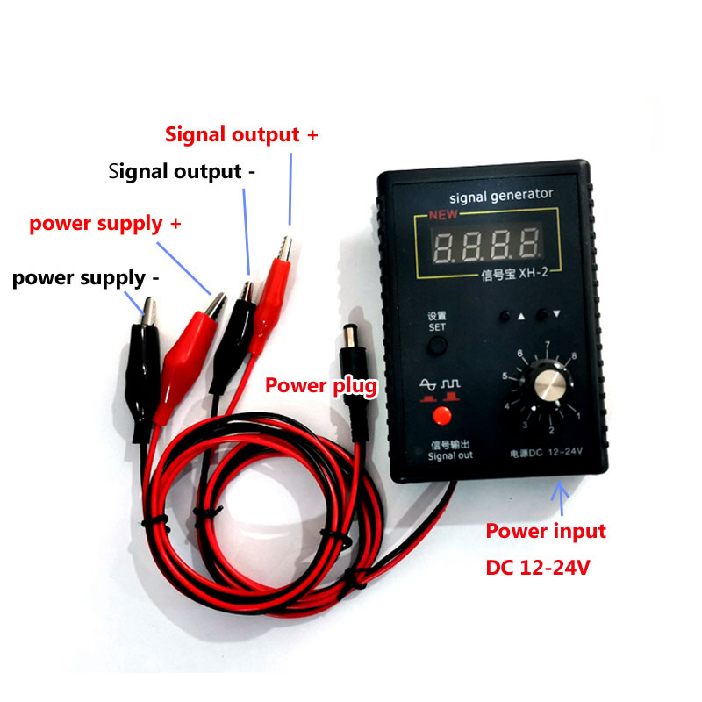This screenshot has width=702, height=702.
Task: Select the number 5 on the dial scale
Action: (505, 376)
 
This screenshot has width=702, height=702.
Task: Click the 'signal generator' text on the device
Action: (500, 194)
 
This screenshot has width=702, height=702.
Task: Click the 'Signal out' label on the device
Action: (450, 455)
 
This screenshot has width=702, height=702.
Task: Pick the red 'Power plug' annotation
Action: (322, 384)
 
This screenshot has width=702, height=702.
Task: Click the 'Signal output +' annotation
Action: (241, 135)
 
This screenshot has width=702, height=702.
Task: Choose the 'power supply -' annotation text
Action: (86, 278)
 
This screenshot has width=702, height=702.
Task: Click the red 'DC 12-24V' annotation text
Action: (538, 568)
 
